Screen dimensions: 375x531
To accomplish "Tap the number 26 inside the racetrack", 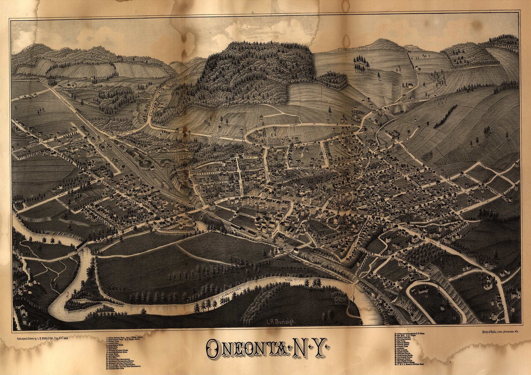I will pyautogui.click(x=426, y=296).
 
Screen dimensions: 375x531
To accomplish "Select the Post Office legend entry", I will pyautogui.click(x=113, y=358).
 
